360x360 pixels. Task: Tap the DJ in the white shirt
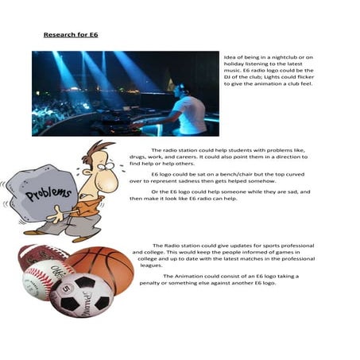pos(188,110)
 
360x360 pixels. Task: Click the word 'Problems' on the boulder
pos(43,192)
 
